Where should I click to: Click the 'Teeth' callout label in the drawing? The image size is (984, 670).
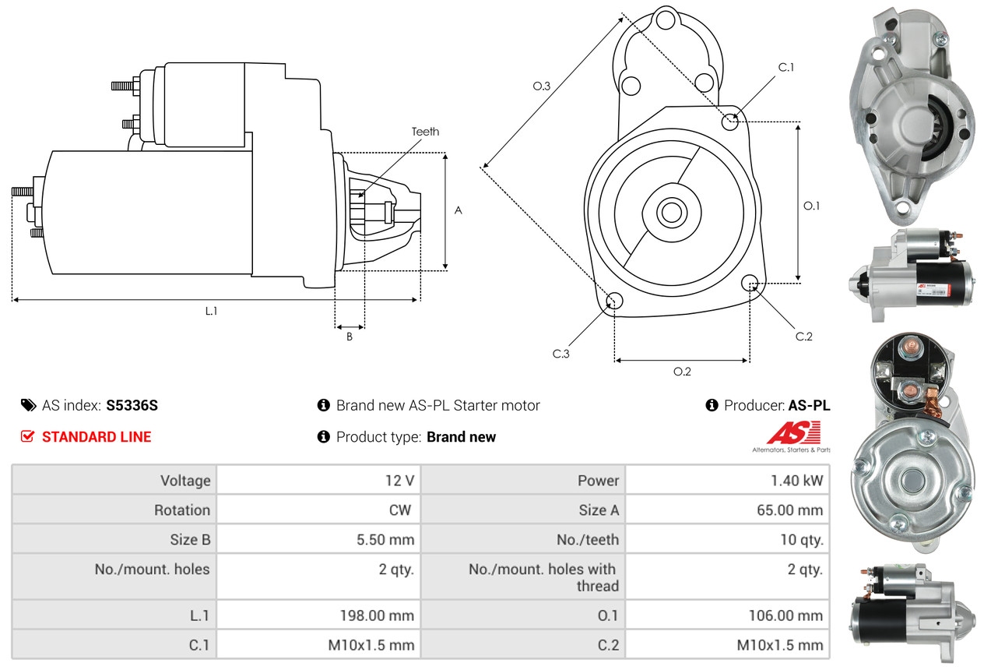[x=425, y=132]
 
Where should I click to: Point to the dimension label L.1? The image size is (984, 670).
[x=211, y=311]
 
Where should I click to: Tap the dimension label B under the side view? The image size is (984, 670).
[x=350, y=337]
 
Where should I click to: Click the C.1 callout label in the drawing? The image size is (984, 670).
[x=786, y=67]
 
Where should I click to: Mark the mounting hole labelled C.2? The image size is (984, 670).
[x=750, y=282]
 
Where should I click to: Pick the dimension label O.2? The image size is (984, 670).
[x=682, y=372]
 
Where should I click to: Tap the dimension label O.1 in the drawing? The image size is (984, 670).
[x=812, y=206]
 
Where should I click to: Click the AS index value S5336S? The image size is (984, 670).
[x=132, y=405]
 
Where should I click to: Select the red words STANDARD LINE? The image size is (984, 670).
[x=97, y=437]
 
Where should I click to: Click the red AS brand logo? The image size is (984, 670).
[x=793, y=433]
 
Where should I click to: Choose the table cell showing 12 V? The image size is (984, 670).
[x=399, y=481]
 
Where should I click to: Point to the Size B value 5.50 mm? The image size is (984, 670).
[x=385, y=540]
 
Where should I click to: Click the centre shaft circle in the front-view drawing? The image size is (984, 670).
[x=669, y=212]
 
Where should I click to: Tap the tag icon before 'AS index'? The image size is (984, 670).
[x=28, y=405]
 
